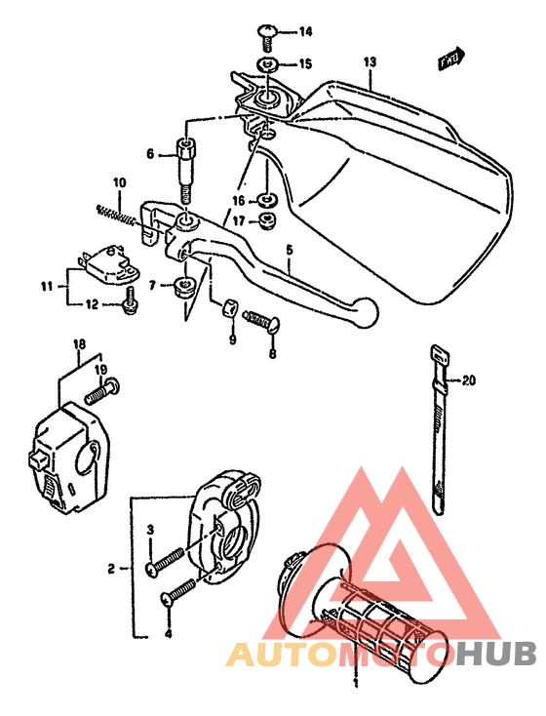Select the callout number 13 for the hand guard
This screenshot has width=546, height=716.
(x=369, y=62)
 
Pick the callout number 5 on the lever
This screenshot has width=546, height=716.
(x=289, y=251)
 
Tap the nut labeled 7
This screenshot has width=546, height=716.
(x=181, y=288)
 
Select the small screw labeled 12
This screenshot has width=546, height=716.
(x=128, y=306)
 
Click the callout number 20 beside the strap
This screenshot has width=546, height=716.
(x=470, y=380)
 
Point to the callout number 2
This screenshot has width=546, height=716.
(x=112, y=568)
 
